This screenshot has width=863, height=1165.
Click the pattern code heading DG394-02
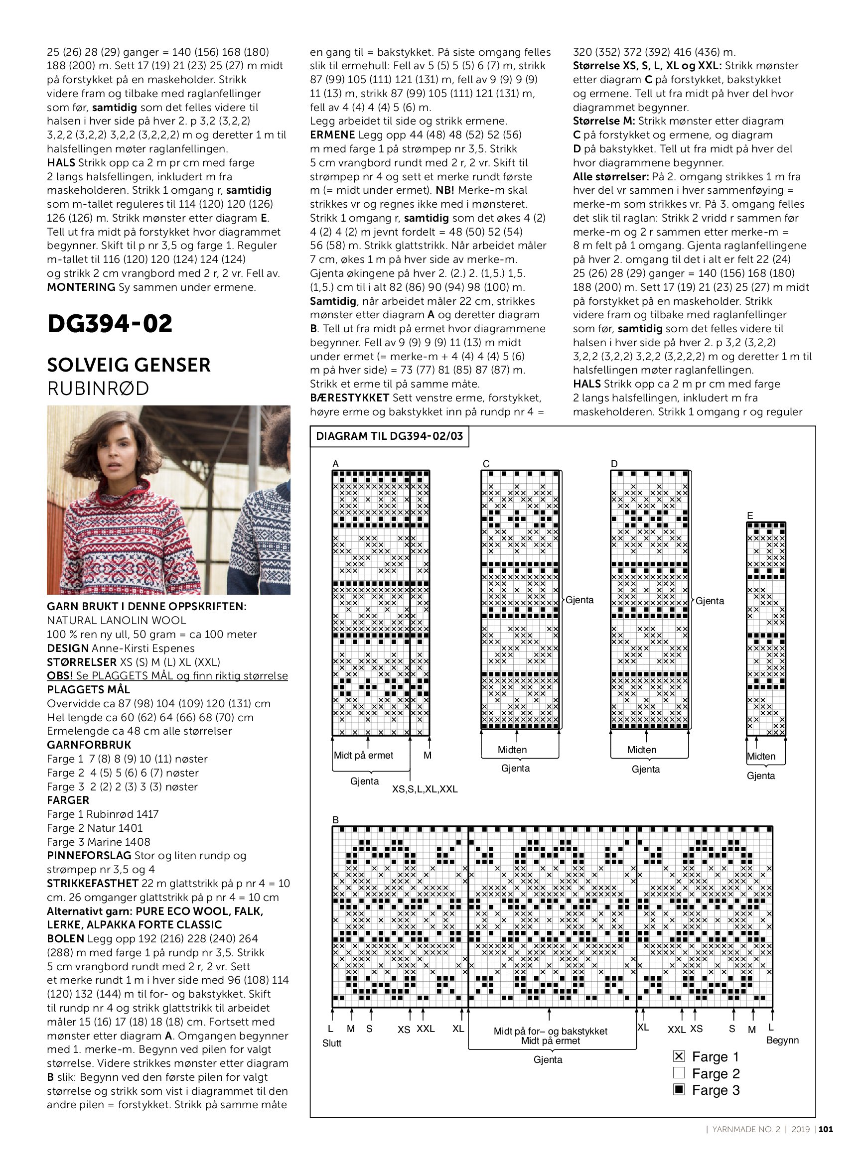coord(110,324)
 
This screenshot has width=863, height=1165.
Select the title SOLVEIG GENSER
coord(129,365)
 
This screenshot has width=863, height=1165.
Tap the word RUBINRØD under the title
coord(98,388)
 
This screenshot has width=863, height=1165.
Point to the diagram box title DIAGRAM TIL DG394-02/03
coord(389,436)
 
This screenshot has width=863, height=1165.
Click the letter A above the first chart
coord(336,464)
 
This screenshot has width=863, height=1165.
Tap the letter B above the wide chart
coord(336,820)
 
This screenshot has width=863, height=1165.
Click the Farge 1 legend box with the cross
coord(679,1056)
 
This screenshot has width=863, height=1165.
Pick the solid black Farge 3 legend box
coord(679,1090)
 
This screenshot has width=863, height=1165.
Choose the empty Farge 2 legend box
coord(679,1073)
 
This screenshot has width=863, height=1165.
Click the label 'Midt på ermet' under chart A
coord(364,755)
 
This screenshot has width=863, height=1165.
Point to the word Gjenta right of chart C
coord(579,600)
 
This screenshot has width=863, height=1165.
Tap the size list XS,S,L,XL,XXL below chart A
coord(425,789)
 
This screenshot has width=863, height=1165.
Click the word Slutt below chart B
coord(332,1043)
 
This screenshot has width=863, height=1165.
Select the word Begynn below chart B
coord(782,1040)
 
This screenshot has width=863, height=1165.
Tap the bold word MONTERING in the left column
coord(81,287)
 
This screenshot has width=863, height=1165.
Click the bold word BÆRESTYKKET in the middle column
coord(349,398)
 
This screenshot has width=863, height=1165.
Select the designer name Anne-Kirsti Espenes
coord(143,648)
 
